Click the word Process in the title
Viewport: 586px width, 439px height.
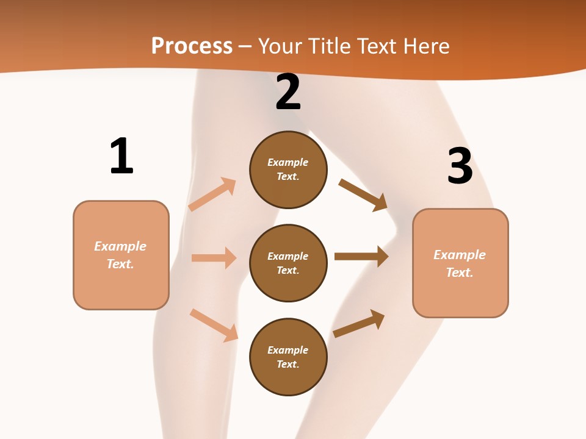click(192, 46)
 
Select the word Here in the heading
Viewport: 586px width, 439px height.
click(426, 46)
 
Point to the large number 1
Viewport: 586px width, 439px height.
click(121, 156)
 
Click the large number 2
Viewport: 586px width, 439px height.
click(288, 92)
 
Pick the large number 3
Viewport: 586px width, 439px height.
click(460, 166)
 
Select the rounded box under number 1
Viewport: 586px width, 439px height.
click(121, 255)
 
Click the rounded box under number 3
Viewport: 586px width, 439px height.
click(460, 263)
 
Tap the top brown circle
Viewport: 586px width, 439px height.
click(288, 170)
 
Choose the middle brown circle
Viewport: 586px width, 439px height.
click(288, 263)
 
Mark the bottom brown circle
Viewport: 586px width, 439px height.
click(288, 357)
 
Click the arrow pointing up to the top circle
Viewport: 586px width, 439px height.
click(212, 194)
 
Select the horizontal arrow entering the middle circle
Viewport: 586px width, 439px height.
click(214, 258)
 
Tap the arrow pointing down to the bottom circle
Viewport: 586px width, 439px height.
click(214, 325)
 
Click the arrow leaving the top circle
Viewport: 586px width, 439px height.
click(363, 195)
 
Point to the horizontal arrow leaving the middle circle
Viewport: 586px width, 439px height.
click(361, 256)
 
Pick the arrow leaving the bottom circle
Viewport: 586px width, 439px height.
click(359, 324)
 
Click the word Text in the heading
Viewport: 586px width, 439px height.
click(378, 46)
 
